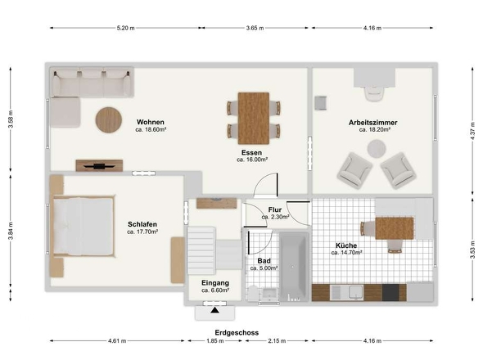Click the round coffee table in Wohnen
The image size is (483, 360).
(109, 119)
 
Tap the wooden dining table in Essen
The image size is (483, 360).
(254, 119)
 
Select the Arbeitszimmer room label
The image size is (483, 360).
(372, 123)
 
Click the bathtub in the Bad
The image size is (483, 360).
(294, 267)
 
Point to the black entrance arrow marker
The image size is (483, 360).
(215, 310)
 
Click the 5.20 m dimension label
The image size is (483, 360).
(126, 28)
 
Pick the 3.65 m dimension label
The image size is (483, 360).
(255, 28)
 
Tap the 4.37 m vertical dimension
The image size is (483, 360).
(473, 131)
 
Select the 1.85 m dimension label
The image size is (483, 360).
(215, 341)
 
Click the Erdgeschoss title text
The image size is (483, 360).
(237, 333)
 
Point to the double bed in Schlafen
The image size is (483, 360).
(84, 226)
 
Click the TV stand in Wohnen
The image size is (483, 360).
(99, 165)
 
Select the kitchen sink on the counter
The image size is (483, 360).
(355, 292)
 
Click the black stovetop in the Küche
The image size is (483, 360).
(390, 293)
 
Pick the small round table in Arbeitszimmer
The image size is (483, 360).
(377, 149)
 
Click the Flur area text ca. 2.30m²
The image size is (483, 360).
(275, 217)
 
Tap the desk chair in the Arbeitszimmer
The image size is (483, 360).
(374, 93)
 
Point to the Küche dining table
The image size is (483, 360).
(395, 228)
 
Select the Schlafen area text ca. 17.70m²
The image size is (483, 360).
(142, 232)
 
